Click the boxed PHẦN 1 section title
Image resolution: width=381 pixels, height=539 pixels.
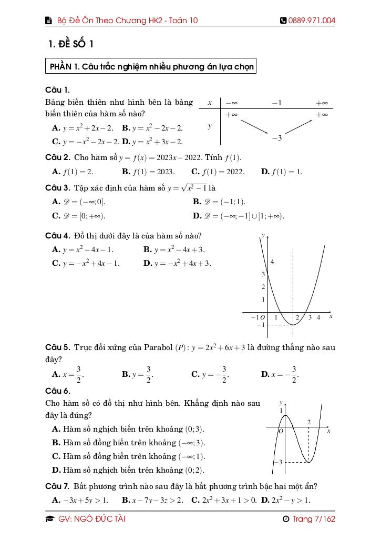[151, 67]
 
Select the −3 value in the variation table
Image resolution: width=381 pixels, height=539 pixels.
[277, 138]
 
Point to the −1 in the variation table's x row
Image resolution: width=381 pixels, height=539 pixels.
[276, 103]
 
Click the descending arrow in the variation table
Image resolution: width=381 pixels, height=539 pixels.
[254, 127]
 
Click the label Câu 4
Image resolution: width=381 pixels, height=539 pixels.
[58, 236]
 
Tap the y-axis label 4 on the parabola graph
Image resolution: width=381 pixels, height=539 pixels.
[272, 262]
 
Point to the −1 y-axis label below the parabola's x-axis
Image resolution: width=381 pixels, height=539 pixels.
[260, 325]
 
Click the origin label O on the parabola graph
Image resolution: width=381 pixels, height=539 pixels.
[262, 317]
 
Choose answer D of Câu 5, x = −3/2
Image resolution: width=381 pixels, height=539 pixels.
[279, 374]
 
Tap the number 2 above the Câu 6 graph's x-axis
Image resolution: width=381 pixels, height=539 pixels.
[309, 422]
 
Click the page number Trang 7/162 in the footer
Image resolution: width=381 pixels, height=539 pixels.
[308, 519]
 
